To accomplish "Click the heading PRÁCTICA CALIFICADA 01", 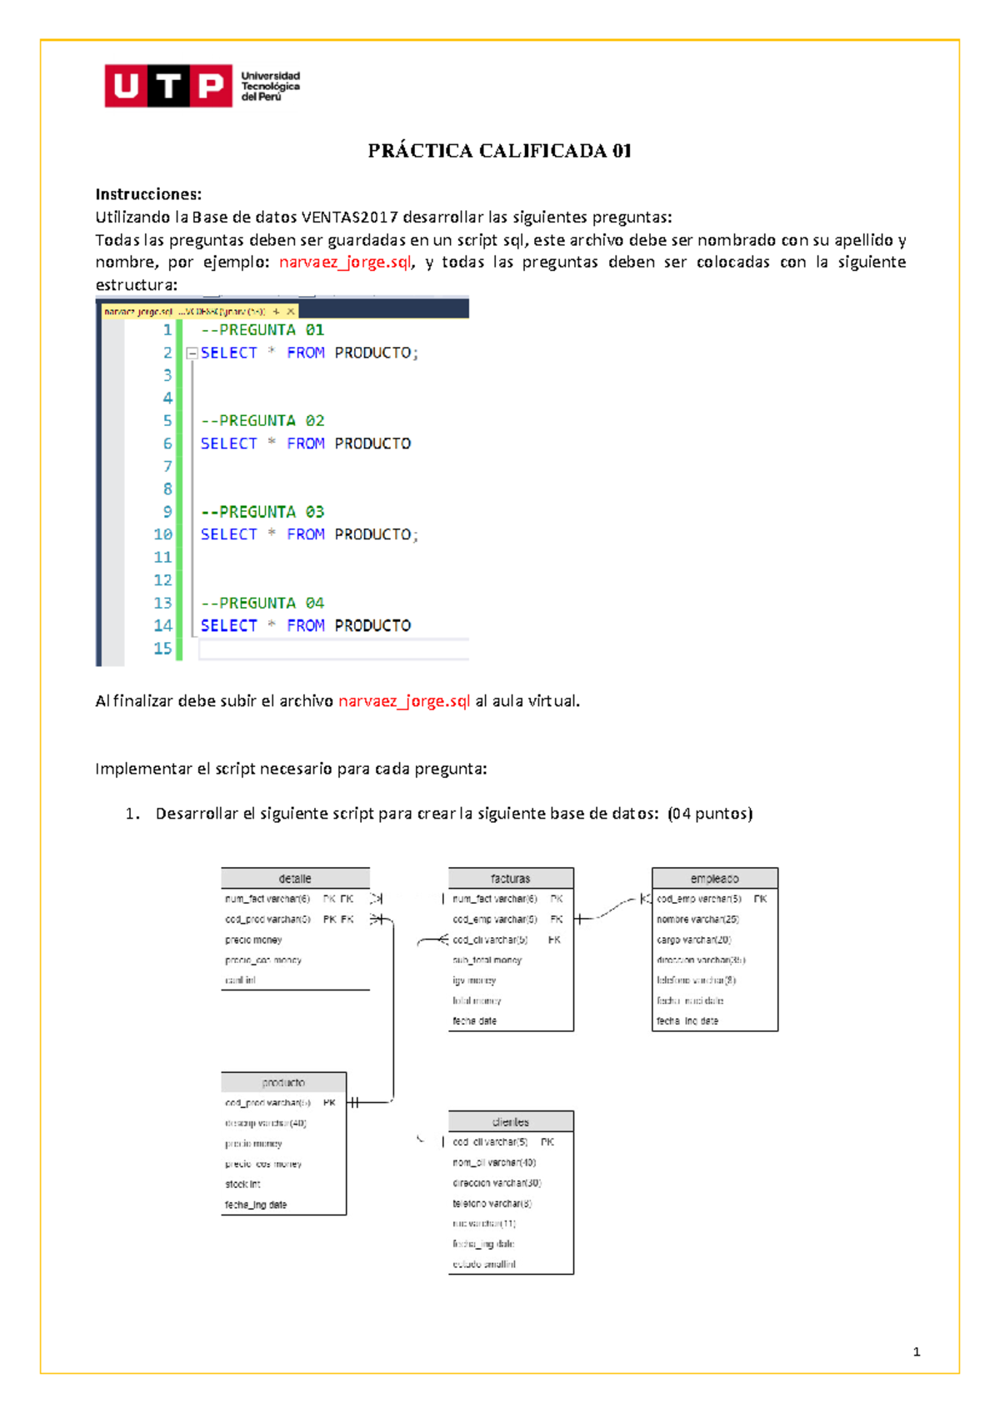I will click(499, 151).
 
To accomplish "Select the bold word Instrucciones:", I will click(148, 194).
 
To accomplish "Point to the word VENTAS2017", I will click(349, 218).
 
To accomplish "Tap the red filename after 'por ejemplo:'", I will click(345, 262).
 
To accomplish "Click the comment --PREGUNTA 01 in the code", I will click(262, 330).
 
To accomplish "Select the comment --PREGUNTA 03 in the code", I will click(262, 512).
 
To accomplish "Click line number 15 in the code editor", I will click(162, 649).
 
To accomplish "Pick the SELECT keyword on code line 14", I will click(229, 625).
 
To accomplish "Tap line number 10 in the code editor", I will click(162, 534).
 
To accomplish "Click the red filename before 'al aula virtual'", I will click(404, 701).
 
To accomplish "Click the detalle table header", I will click(295, 879).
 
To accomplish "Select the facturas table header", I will click(510, 879).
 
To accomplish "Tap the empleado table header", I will click(714, 879).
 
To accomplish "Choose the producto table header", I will click(283, 1082).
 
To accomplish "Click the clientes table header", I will click(510, 1122).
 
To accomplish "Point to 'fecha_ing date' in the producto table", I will click(256, 1205).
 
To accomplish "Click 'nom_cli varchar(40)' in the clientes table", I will click(494, 1162).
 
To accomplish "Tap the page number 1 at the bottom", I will click(917, 1352).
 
